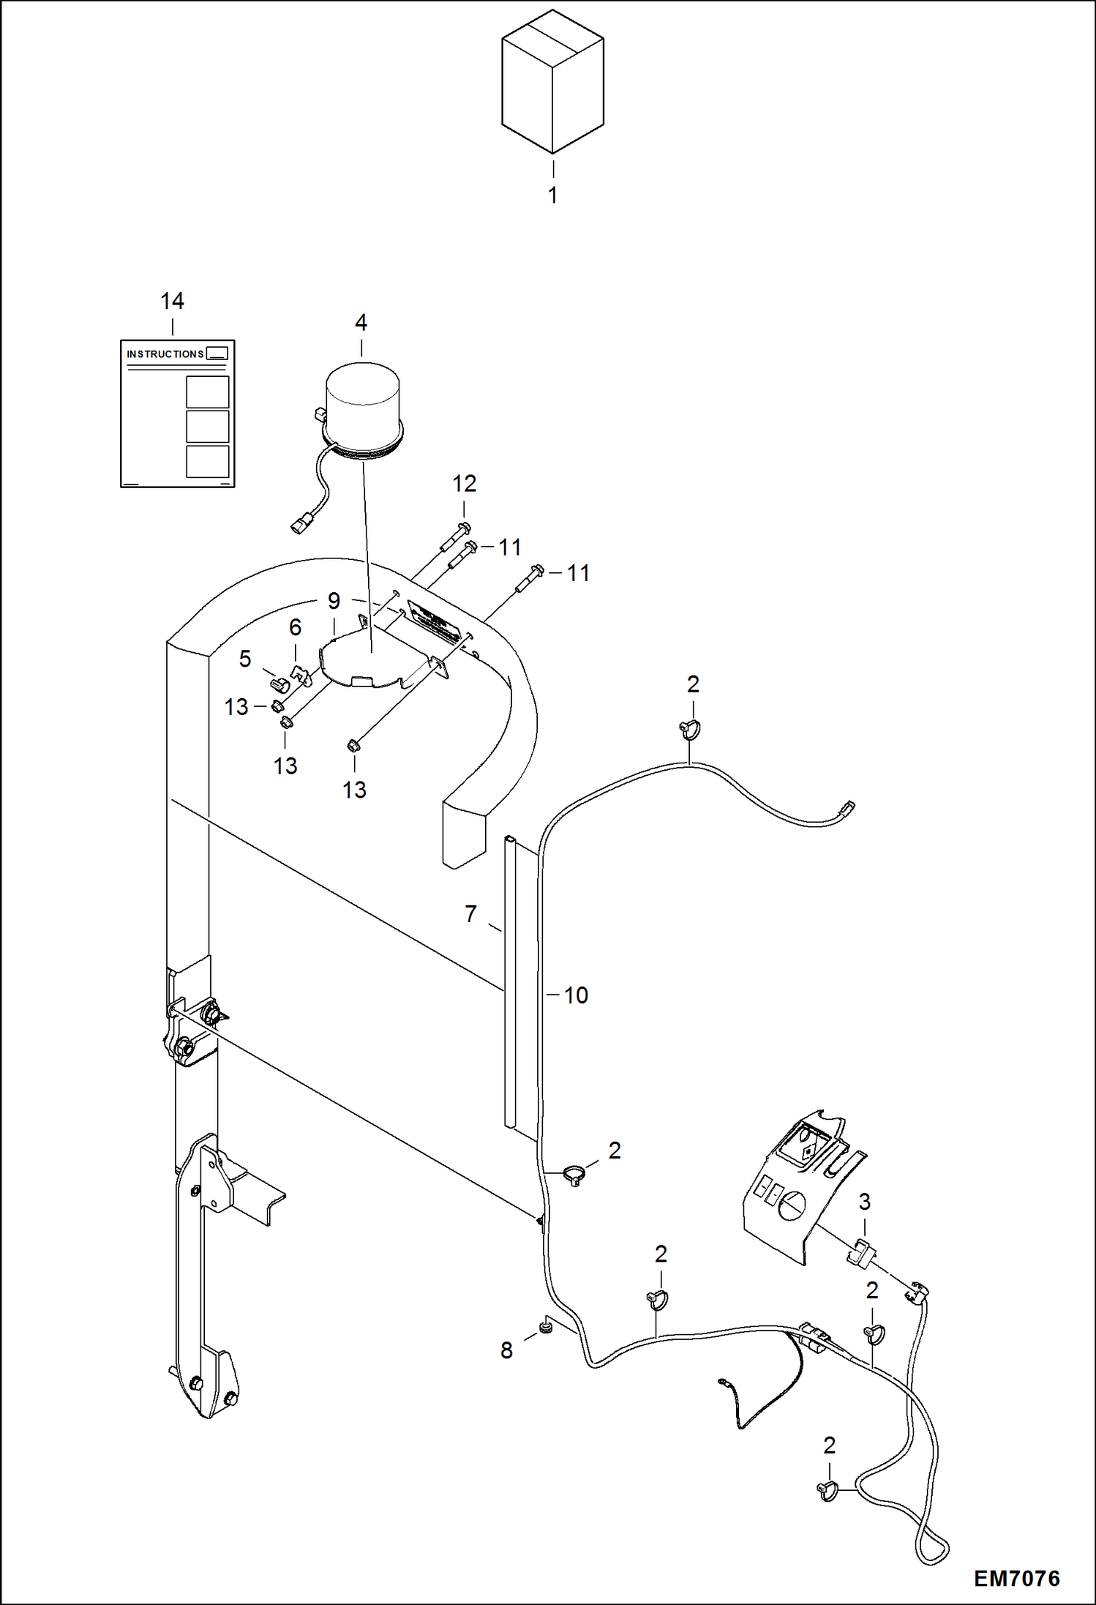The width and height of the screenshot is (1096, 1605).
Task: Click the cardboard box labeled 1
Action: point(552,82)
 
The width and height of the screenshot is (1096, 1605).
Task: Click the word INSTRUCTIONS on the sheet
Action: point(165,354)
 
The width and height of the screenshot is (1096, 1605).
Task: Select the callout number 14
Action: point(172,301)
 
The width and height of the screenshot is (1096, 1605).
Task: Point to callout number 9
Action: point(334,601)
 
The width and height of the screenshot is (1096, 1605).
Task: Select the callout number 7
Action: point(470,913)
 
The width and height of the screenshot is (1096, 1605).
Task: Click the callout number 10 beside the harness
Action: point(576,995)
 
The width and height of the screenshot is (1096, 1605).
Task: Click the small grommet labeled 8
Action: point(545,1327)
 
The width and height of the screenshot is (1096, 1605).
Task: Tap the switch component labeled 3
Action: point(860,1252)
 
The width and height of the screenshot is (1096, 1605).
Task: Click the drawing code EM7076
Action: point(1016,1579)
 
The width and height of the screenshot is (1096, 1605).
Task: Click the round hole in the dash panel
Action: point(792,1205)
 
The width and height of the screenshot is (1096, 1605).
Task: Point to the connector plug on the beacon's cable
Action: point(300,525)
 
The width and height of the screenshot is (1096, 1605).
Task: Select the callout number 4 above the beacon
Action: point(361,322)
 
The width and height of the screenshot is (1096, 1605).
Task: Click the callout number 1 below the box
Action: point(553,195)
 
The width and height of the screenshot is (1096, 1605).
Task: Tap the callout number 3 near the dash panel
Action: point(864,1201)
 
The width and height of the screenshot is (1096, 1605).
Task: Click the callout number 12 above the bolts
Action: point(464,483)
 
